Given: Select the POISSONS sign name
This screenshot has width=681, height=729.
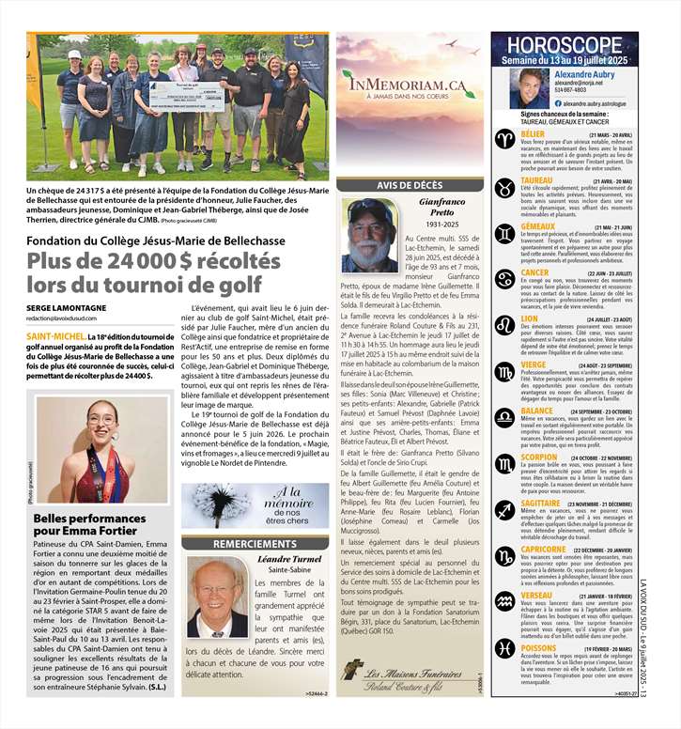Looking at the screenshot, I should click(538, 648).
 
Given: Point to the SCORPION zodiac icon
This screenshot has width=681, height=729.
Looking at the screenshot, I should click(505, 463).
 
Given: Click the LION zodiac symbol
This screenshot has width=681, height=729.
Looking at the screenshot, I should click(505, 325).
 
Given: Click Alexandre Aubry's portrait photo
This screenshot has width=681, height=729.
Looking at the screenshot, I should click(530, 88).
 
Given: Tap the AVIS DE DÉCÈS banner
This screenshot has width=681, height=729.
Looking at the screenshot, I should click(410, 185).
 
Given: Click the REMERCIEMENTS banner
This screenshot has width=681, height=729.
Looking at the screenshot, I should click(255, 544).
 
